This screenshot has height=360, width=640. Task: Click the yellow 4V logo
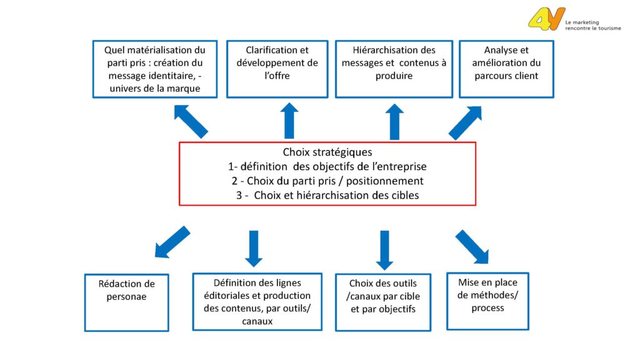pyautogui.click(x=546, y=19)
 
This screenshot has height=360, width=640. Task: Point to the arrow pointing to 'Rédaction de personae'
pyautogui.click(x=172, y=242)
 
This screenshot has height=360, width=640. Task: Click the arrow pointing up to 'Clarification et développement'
pyautogui.click(x=289, y=121)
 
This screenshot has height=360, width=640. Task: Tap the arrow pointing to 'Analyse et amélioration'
pyautogui.click(x=465, y=123)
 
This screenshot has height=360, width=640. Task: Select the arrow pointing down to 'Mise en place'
pyautogui.click(x=472, y=246)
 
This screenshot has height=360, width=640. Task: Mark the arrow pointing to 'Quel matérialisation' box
pyautogui.click(x=191, y=122)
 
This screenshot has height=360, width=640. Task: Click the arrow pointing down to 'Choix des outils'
pyautogui.click(x=384, y=250)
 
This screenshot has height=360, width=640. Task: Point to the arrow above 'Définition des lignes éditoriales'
pyautogui.click(x=254, y=249)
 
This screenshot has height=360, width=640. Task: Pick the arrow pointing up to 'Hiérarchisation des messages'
pyautogui.click(x=394, y=122)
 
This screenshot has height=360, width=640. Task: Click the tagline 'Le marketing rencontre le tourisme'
pyautogui.click(x=593, y=25)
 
